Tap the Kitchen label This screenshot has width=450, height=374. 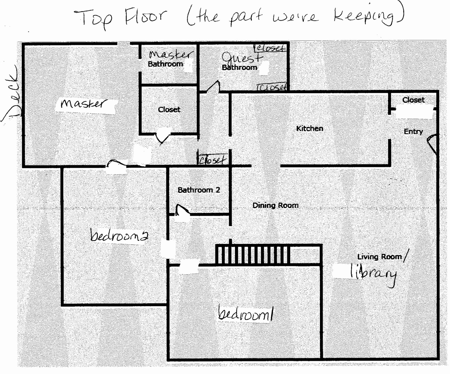pyautogui.click(x=309, y=128)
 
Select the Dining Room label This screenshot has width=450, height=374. pyautogui.click(x=275, y=205)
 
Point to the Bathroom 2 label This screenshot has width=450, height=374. pyautogui.click(x=199, y=190)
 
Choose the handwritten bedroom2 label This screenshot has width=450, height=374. pyautogui.click(x=119, y=235)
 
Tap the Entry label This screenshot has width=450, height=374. pyautogui.click(x=413, y=131)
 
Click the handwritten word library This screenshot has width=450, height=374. pyautogui.click(x=374, y=274)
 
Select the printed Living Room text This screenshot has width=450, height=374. pyautogui.click(x=379, y=257)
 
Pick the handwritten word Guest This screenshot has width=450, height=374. pyautogui.click(x=242, y=58)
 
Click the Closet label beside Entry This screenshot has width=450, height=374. pyautogui.click(x=413, y=100)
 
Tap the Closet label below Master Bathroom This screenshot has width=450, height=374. pyautogui.click(x=169, y=110)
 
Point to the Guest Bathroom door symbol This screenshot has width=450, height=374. pyautogui.click(x=213, y=86)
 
